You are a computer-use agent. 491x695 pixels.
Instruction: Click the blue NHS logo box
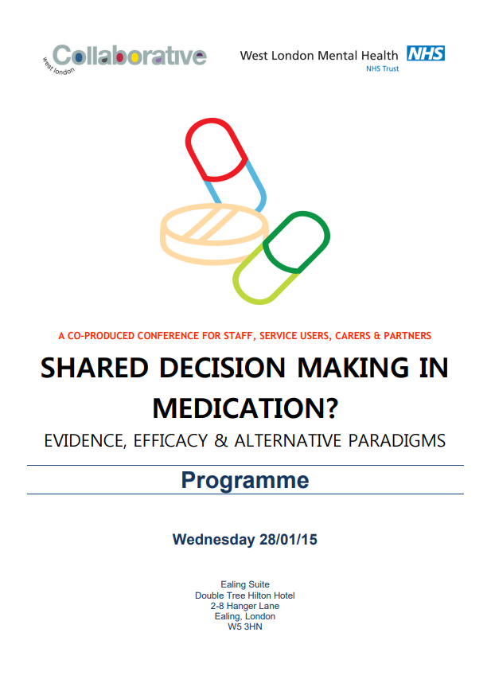426,53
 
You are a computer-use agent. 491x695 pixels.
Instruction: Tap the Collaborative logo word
130,56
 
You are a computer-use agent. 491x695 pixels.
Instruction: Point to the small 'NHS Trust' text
383,68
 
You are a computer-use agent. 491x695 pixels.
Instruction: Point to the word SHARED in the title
95,369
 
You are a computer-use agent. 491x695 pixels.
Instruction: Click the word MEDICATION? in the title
245,408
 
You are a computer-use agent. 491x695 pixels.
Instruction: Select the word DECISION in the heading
223,369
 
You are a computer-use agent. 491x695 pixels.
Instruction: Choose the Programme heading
245,481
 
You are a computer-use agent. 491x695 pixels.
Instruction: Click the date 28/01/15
289,540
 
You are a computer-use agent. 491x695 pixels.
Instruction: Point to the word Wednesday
213,540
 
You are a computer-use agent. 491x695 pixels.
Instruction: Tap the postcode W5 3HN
245,627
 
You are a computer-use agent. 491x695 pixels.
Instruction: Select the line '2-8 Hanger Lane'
245,606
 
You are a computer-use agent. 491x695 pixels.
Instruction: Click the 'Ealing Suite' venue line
245,584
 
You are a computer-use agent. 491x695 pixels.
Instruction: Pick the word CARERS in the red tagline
353,336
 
